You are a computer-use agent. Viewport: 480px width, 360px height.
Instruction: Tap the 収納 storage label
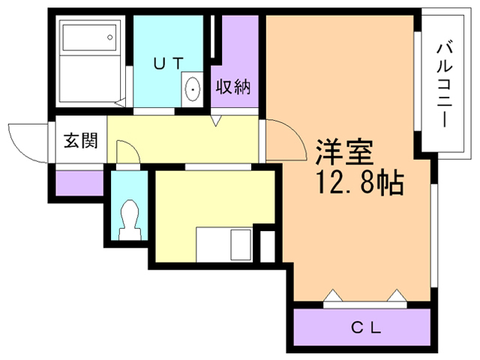pos(234,87)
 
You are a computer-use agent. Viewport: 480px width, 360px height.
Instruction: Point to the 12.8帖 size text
pos(358,182)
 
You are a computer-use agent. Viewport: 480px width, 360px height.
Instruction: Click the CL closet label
pos(367,328)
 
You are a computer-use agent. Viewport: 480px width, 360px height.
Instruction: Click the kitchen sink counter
pos(224,244)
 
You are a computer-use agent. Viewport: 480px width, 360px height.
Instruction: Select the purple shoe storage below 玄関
pos(79,183)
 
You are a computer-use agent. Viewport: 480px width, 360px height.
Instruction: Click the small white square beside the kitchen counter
pos(267,246)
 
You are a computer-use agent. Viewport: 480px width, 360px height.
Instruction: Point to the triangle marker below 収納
pos(215,121)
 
